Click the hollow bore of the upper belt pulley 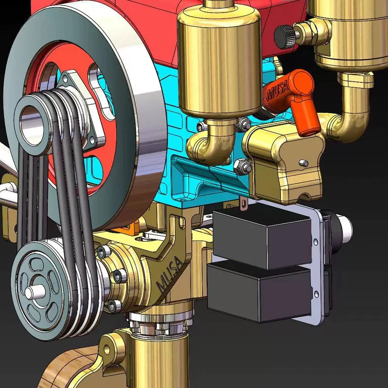[x=32, y=127]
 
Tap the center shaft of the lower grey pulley [x=35, y=292]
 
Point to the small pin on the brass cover [x=304, y=163]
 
